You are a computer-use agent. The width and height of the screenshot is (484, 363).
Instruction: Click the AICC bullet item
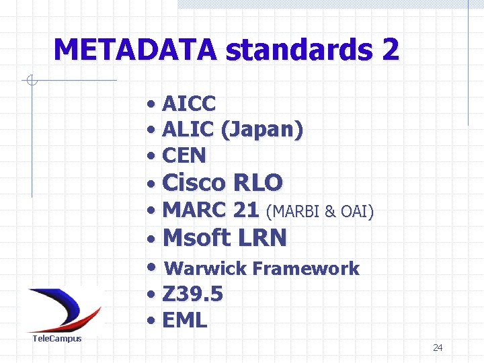tap(189, 104)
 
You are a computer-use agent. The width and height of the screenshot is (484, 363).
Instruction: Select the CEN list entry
tap(184, 155)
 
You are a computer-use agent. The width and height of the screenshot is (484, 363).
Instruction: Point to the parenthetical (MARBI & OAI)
tap(320, 212)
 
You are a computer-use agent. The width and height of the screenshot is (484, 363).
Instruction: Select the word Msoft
tap(196, 237)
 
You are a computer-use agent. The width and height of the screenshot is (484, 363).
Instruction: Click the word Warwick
tap(206, 269)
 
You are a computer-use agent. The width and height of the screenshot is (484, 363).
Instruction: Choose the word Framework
tap(307, 269)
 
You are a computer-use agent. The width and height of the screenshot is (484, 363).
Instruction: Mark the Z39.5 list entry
tap(192, 294)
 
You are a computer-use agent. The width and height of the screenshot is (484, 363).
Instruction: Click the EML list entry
tap(185, 321)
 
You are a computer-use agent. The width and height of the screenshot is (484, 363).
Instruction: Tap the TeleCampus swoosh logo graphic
tap(64, 309)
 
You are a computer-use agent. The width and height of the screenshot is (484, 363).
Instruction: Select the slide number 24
tap(438, 348)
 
